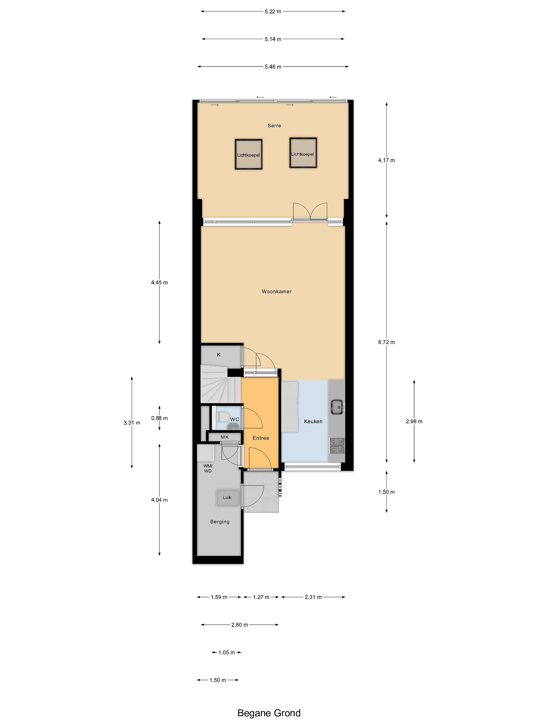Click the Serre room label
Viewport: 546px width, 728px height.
(x=274, y=125)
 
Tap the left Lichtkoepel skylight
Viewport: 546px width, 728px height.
(x=248, y=154)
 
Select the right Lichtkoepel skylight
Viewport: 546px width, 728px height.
(x=303, y=153)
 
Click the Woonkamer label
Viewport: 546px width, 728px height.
(x=277, y=291)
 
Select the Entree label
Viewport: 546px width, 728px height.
(x=261, y=438)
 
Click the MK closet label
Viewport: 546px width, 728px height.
(x=224, y=437)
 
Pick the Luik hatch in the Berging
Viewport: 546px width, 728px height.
(x=227, y=498)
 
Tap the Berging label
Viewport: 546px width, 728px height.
(x=220, y=522)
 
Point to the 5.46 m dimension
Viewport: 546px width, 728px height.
(x=273, y=67)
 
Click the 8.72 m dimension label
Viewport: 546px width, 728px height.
(x=386, y=342)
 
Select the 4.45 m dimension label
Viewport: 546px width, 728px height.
(x=159, y=282)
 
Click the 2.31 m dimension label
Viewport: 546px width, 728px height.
(x=313, y=597)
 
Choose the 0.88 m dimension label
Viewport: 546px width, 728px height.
(x=159, y=418)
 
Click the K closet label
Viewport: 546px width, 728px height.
(x=219, y=354)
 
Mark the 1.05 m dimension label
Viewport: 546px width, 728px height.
(x=226, y=652)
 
